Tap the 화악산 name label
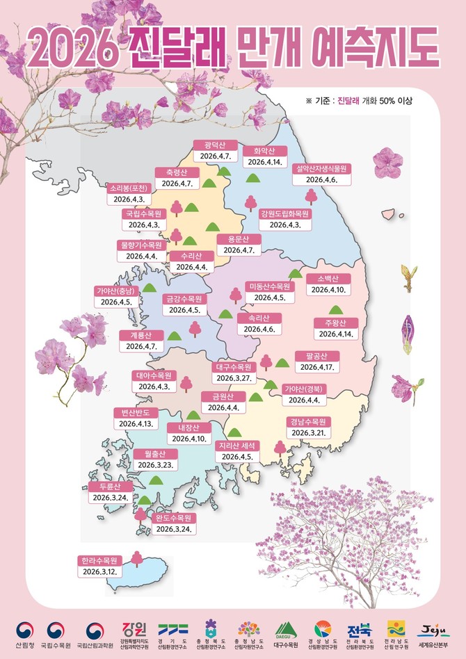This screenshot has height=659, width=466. tap(265, 150)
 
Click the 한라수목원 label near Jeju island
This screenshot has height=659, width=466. tap(102, 560)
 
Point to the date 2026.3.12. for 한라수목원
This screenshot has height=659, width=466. tap(102, 571)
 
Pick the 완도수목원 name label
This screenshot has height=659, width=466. tap(174, 518)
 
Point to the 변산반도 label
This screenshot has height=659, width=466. tap(136, 412)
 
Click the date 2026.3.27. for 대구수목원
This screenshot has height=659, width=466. tap(236, 378)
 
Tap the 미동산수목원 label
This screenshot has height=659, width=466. tap(269, 286)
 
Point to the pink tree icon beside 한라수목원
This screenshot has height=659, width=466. tap(136, 557)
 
